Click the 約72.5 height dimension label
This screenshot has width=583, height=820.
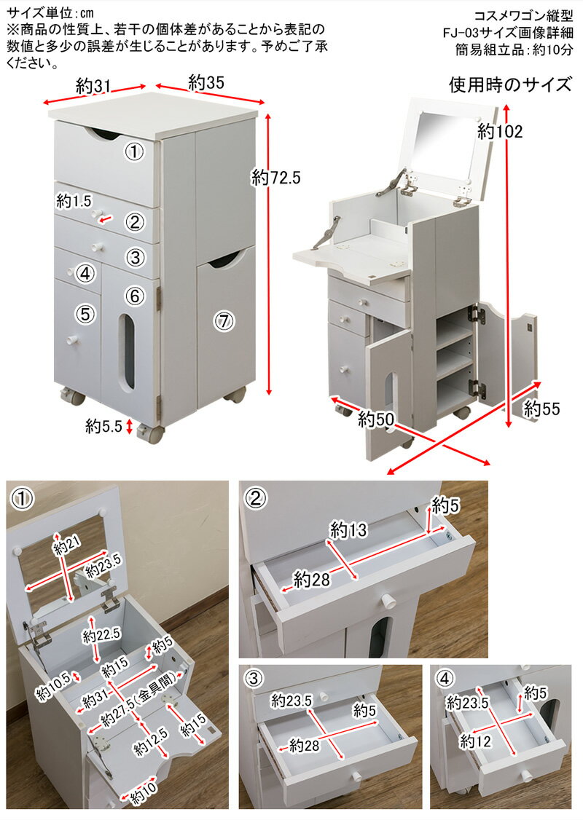pos(276,177)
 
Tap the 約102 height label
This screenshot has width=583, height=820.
pos(501,132)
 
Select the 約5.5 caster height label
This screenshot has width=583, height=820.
pos(103,427)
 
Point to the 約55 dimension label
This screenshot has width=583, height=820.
pos(541,409)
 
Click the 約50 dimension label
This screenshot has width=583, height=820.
pos(376,419)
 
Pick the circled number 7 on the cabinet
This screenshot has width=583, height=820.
pos(224,320)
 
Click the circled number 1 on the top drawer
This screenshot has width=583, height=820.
pos(133,151)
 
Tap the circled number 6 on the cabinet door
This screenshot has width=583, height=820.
pos(134,296)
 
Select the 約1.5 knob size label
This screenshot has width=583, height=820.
pos(75,200)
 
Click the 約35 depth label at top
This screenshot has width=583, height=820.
pos(206,82)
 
